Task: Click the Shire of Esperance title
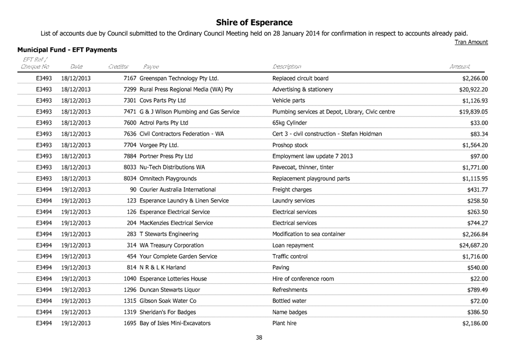point(254,22)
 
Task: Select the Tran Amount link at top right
point(471,42)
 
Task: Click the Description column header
point(287,66)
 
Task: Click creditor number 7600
point(131,123)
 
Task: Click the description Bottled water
point(289,301)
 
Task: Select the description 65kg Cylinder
point(291,123)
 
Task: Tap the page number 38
point(259,337)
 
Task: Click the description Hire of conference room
point(303,279)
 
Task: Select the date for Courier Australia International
point(76,190)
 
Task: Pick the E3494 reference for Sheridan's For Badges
point(43,312)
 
